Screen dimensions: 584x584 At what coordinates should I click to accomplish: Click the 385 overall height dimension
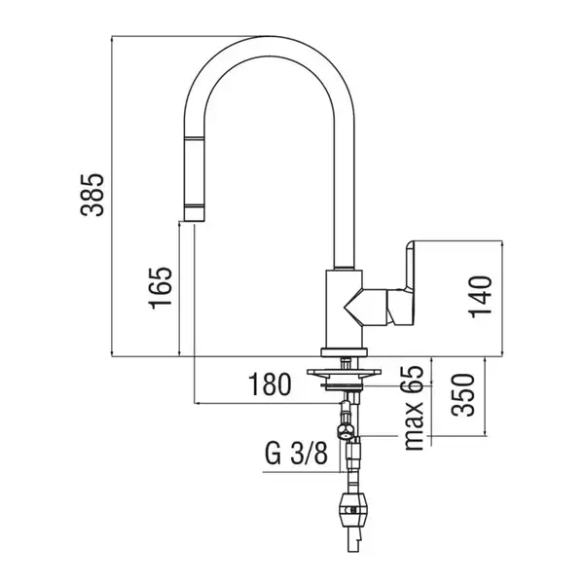(92, 195)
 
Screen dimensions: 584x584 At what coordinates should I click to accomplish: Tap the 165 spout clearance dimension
(161, 288)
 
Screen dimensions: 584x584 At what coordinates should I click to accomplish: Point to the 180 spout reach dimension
(270, 384)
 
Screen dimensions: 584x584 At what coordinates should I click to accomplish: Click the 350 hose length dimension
(463, 395)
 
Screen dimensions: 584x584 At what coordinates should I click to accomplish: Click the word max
(413, 425)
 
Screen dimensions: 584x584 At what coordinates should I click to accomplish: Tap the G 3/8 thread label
(296, 454)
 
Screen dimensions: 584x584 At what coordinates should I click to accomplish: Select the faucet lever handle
(401, 281)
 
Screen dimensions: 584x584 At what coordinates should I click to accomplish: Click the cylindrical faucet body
(343, 309)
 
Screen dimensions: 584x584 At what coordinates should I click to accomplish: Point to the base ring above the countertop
(345, 352)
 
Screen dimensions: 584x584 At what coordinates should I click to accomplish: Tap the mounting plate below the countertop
(345, 372)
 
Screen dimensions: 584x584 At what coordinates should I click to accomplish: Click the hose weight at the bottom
(352, 509)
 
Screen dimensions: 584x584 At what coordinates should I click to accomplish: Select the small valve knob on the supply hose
(345, 431)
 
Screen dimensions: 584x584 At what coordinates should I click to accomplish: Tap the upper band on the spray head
(194, 138)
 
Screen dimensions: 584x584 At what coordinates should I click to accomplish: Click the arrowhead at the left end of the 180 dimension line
(198, 403)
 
